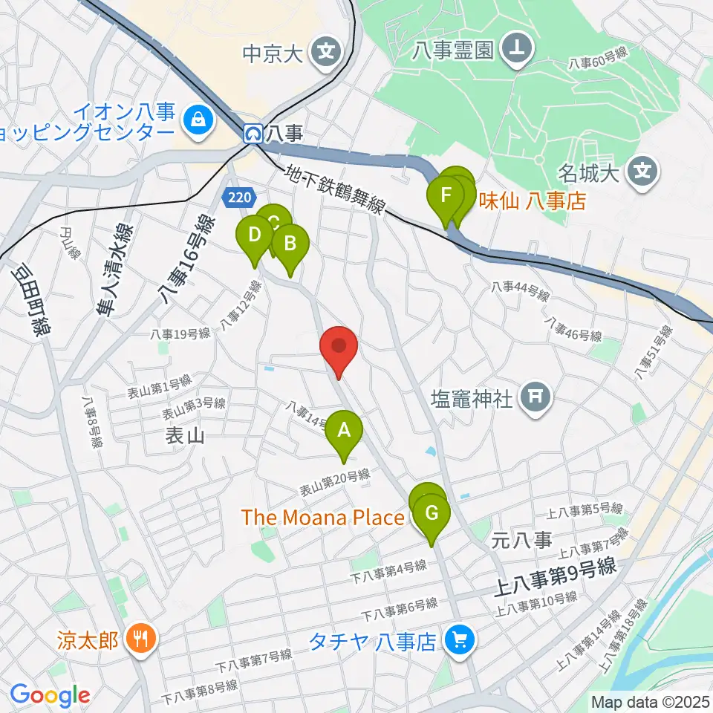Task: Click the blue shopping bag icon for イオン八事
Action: tap(198, 119)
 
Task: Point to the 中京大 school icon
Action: tap(326, 52)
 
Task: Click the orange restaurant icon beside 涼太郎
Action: tap(140, 638)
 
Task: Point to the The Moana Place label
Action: tap(322, 518)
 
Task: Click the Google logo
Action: tap(50, 695)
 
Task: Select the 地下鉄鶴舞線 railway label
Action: tap(335, 189)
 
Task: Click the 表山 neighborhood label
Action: tap(185, 436)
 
